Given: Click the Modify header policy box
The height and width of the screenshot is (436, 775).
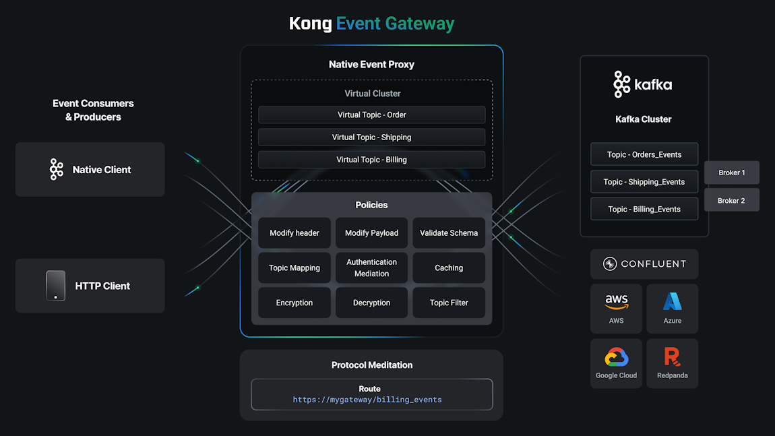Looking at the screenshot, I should (294, 233).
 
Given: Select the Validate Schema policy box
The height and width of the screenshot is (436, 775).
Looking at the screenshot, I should (449, 233).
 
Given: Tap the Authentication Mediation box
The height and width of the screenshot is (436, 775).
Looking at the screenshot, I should (371, 268).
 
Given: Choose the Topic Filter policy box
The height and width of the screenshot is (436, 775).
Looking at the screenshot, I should (449, 303).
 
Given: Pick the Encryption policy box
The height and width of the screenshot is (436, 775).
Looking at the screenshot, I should (294, 303).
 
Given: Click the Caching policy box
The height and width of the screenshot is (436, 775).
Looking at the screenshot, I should (449, 268).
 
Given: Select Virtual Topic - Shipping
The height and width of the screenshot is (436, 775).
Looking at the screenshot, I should (371, 137).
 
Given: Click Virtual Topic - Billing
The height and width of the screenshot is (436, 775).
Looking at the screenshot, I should (371, 160).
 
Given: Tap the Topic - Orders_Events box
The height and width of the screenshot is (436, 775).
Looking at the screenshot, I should (644, 154).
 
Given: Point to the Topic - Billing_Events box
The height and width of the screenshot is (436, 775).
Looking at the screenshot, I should (644, 209).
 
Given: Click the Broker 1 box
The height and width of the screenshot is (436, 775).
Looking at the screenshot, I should (731, 173).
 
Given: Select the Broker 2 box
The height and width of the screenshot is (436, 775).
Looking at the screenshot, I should (731, 200).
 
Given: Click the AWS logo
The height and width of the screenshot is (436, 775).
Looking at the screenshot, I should (616, 302).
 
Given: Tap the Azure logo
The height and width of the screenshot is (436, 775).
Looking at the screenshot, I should (672, 301).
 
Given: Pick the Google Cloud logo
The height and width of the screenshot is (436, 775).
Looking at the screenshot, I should (616, 357).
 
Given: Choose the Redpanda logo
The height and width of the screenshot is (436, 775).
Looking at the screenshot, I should (672, 356).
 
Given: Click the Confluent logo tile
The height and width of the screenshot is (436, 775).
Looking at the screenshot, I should (644, 264).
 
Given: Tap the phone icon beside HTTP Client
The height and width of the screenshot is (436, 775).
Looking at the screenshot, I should (56, 286).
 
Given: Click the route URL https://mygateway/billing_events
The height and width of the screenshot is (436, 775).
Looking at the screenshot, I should (367, 400).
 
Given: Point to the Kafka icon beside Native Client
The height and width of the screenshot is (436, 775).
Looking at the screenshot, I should (57, 170).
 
